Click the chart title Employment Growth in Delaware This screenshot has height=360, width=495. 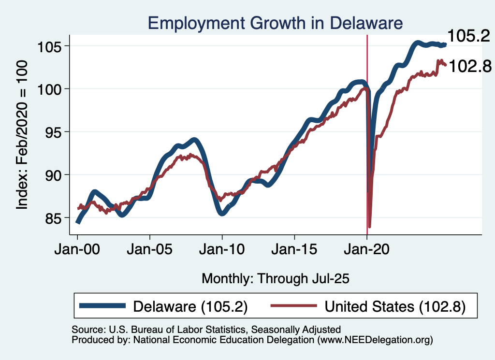(x=275, y=23)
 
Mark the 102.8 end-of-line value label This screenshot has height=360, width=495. (x=470, y=67)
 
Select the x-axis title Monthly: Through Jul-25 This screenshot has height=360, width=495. (x=275, y=278)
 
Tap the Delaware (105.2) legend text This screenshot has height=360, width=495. (x=190, y=306)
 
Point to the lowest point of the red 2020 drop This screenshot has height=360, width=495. (x=370, y=226)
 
